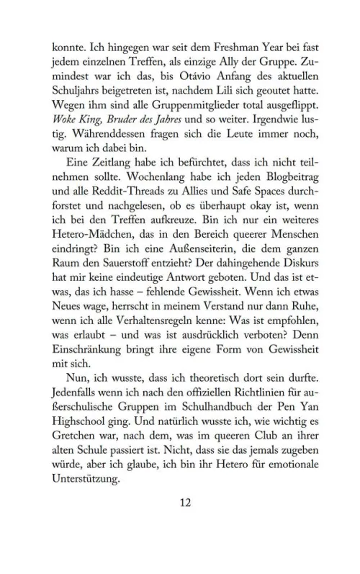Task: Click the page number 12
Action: click(183, 524)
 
